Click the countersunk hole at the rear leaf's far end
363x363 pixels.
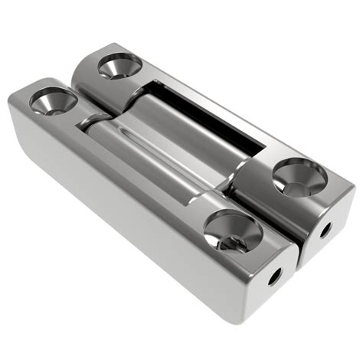pos(119,67)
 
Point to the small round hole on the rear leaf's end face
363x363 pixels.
pos(325,228)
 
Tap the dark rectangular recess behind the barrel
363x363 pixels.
pos(222,115)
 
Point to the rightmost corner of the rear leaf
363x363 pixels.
pos(352,191)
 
